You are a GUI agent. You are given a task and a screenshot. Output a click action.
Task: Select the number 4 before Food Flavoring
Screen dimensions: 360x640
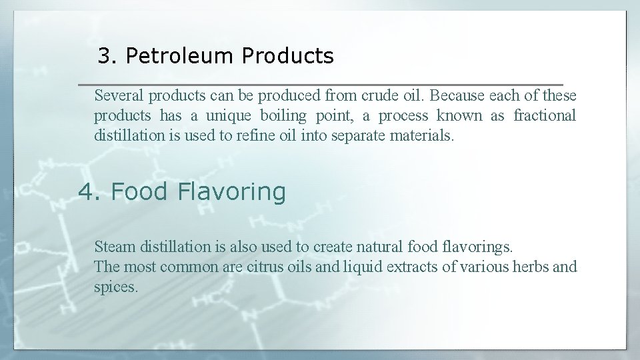[x=87, y=192]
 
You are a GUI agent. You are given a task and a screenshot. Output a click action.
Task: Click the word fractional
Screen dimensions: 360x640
[x=544, y=116]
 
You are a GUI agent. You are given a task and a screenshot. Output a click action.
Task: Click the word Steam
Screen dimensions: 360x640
[x=115, y=247]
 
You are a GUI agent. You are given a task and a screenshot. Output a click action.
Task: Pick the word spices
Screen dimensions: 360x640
[x=115, y=288]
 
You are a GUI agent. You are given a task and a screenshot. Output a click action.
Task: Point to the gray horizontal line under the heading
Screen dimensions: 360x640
[x=320, y=85]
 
